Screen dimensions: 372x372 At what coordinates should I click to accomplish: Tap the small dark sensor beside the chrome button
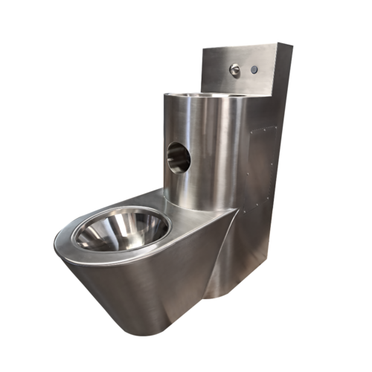[x=254, y=70]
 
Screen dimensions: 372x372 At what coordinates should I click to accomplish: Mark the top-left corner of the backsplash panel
[x=203, y=49]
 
